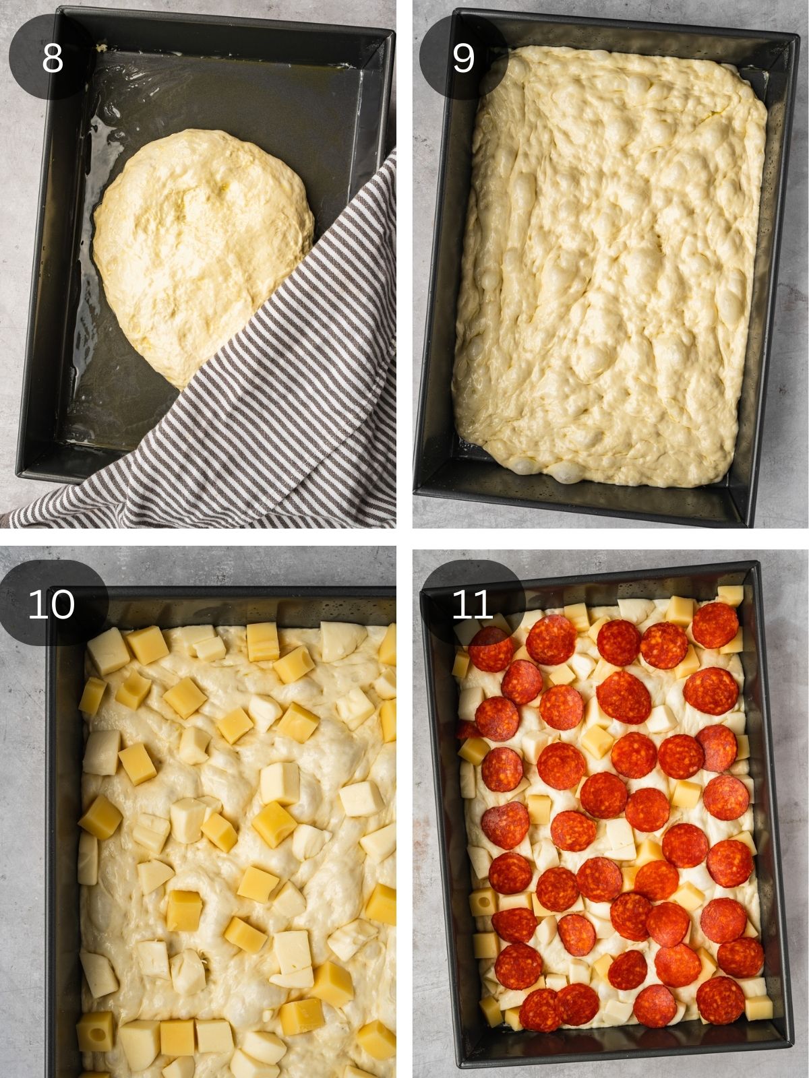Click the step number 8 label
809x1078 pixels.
coord(52,57)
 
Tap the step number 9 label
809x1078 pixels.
coord(463,57)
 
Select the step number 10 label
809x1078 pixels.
coord(51,604)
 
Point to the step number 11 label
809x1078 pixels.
coord(472,604)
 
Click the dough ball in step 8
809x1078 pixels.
coord(202,249)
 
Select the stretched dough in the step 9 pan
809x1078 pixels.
coord(607,269)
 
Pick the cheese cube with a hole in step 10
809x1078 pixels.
coord(95,1032)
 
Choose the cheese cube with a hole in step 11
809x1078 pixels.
coord(483,901)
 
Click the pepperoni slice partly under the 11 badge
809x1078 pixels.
coord(489,648)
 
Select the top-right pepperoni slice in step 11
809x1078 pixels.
coord(715,625)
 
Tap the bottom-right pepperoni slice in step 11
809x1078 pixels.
coord(720,999)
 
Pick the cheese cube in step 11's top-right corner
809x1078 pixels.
coord(729,596)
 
